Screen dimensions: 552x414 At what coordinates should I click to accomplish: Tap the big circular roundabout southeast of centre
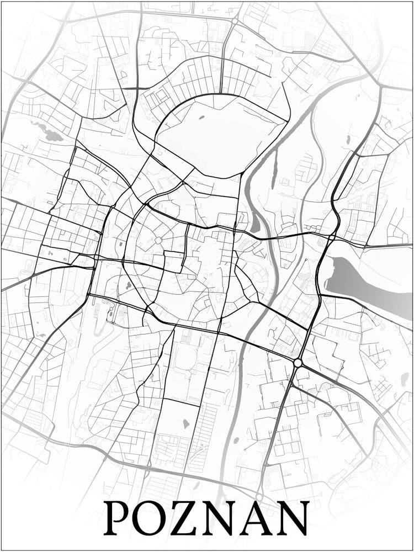coord(298,363)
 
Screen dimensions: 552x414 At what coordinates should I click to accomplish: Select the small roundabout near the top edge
coord(235,20)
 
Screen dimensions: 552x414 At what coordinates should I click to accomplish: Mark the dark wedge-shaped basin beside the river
coord(255,224)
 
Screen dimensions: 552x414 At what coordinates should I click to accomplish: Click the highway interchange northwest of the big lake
coord(331,237)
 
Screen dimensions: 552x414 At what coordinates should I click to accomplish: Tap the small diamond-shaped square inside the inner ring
coord(158,240)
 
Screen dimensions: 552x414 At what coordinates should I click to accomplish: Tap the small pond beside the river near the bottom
coord(236,440)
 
